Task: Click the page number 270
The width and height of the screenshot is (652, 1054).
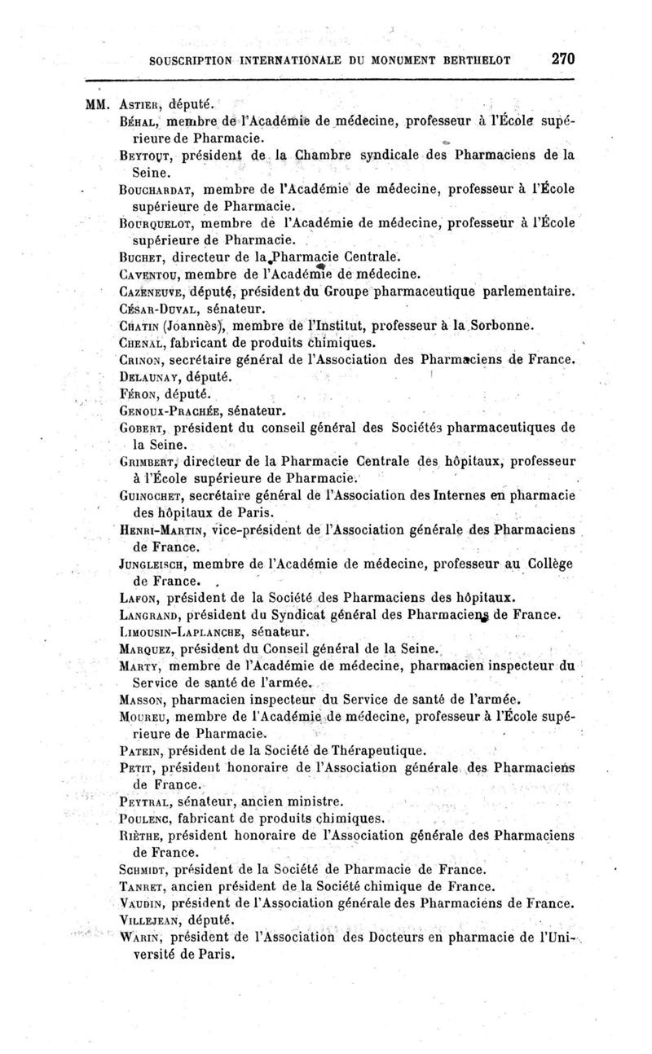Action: [563, 59]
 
